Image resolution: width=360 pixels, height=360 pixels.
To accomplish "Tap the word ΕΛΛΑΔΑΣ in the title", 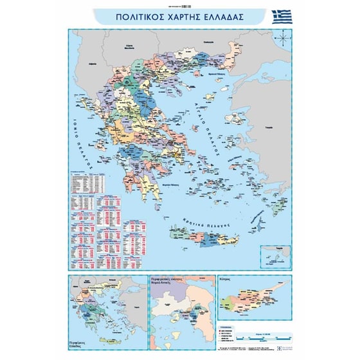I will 224,17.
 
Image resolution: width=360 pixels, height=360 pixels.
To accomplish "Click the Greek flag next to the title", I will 282,16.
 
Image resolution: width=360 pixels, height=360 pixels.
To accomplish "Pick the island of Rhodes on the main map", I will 280,206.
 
